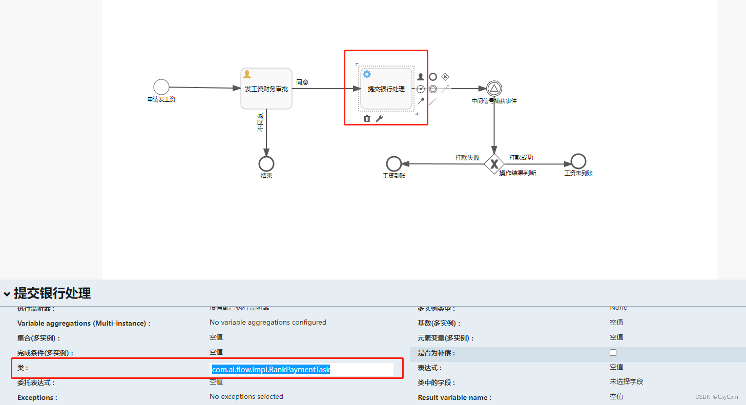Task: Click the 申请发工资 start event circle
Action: pyautogui.click(x=161, y=87)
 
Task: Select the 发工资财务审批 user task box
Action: pyautogui.click(x=266, y=89)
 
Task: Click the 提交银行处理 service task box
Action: pyautogui.click(x=386, y=89)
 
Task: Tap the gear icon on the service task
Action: pyautogui.click(x=367, y=74)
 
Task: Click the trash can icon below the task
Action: pyautogui.click(x=367, y=119)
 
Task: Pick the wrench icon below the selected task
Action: pyautogui.click(x=379, y=119)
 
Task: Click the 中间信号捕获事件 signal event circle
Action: pyautogui.click(x=494, y=89)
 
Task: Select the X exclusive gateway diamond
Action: pyautogui.click(x=494, y=164)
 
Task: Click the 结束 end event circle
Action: pyautogui.click(x=266, y=164)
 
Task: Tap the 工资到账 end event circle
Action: pyautogui.click(x=393, y=164)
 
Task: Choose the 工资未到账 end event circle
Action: pyautogui.click(x=578, y=162)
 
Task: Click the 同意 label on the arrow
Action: pyautogui.click(x=302, y=82)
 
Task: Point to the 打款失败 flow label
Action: pyautogui.click(x=467, y=157)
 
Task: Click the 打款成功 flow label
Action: pyautogui.click(x=521, y=157)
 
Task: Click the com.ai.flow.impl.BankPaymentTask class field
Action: pyautogui.click(x=302, y=369)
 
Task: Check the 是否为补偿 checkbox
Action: pyautogui.click(x=613, y=353)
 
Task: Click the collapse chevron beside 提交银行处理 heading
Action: pyautogui.click(x=7, y=294)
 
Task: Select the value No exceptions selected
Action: pyautogui.click(x=246, y=396)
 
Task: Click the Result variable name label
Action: pyautogui.click(x=454, y=397)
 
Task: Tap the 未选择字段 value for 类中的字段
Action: pyautogui.click(x=626, y=381)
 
